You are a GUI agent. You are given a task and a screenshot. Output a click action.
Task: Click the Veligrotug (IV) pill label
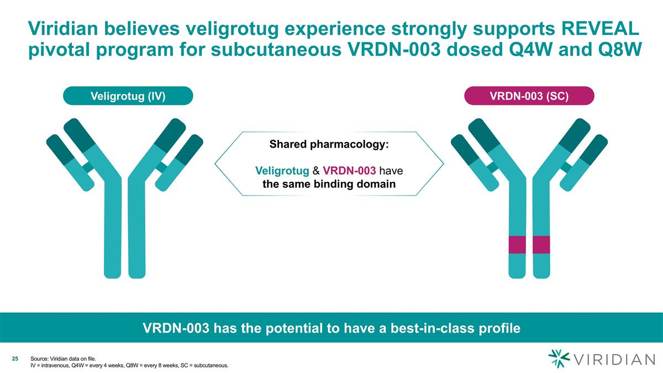(128, 96)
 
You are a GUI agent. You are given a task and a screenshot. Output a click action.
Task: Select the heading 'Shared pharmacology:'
(329, 145)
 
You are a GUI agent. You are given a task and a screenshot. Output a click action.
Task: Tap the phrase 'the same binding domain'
(329, 184)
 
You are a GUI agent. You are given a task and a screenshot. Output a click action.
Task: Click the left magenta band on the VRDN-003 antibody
(516, 244)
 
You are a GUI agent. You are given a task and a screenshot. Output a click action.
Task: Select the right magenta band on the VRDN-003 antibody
(541, 244)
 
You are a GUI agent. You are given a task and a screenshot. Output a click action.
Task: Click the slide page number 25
(15, 359)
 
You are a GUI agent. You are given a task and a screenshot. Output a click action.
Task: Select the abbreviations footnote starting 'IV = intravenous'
(129, 366)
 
